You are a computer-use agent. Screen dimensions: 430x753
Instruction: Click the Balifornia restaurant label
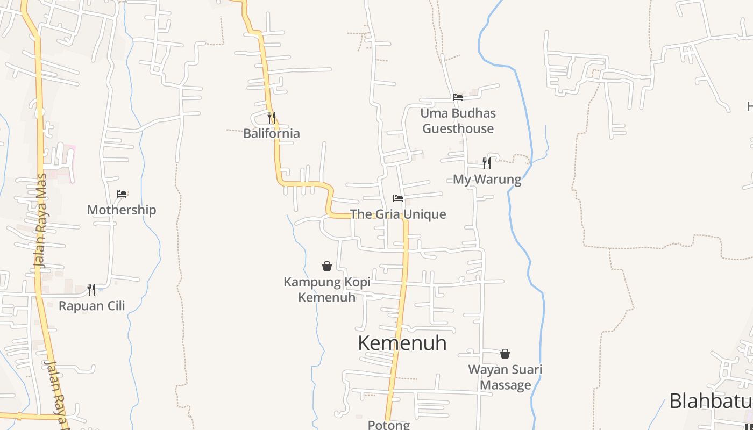point(272,133)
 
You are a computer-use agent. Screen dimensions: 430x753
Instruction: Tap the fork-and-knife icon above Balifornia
point(272,117)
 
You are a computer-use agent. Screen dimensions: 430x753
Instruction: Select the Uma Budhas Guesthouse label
point(458,121)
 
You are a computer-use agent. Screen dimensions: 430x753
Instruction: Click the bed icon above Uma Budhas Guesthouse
point(458,97)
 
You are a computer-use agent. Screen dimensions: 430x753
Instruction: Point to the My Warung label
point(487,180)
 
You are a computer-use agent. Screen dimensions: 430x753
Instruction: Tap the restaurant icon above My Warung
point(487,163)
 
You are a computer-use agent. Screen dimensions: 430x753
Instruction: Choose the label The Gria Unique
point(398,214)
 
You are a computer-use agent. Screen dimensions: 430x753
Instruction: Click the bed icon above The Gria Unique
point(398,198)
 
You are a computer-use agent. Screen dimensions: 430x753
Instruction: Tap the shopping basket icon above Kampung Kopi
point(327,266)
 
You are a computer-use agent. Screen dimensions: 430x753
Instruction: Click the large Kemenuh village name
point(402,343)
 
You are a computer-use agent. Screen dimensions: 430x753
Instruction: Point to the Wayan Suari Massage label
point(505,377)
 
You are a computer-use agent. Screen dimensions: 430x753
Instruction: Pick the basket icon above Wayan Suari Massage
point(505,354)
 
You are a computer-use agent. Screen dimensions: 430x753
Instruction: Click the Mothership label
point(122,210)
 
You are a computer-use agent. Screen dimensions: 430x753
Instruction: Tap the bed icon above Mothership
point(122,194)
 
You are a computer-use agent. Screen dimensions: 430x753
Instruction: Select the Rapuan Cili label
point(92,306)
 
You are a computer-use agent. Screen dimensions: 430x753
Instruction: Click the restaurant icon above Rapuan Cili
point(92,290)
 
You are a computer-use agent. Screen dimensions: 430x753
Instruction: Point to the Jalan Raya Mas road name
point(40,220)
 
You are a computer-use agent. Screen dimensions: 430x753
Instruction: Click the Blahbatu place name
point(710,401)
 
